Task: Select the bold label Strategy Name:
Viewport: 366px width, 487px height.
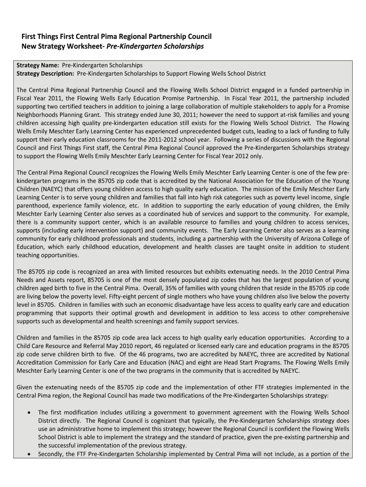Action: tap(38, 66)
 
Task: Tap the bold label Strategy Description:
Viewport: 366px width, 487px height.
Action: tap(46, 74)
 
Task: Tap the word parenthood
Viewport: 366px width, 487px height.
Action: tap(35, 206)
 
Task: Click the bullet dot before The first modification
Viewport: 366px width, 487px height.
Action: tap(30, 413)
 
